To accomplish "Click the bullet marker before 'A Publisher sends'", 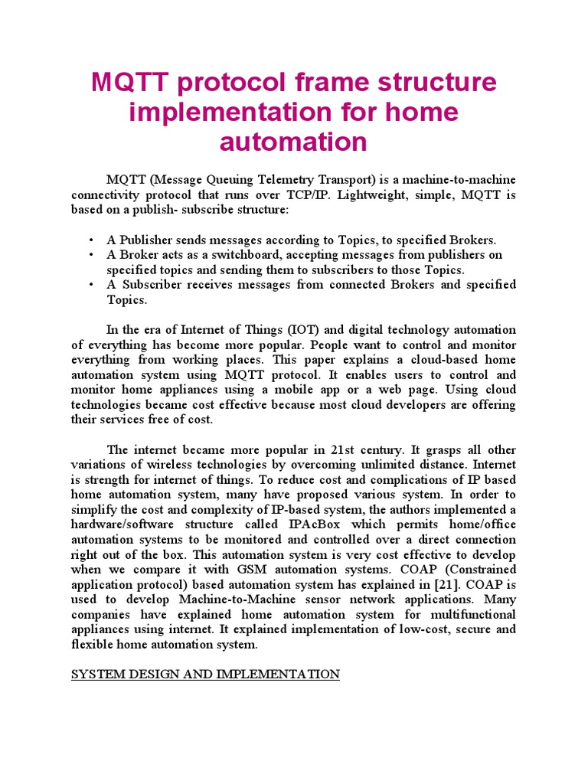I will tap(91, 240).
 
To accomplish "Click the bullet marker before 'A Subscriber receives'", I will tap(91, 285).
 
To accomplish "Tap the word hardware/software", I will tap(123, 524).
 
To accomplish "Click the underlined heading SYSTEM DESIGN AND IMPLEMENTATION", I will tap(205, 675).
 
